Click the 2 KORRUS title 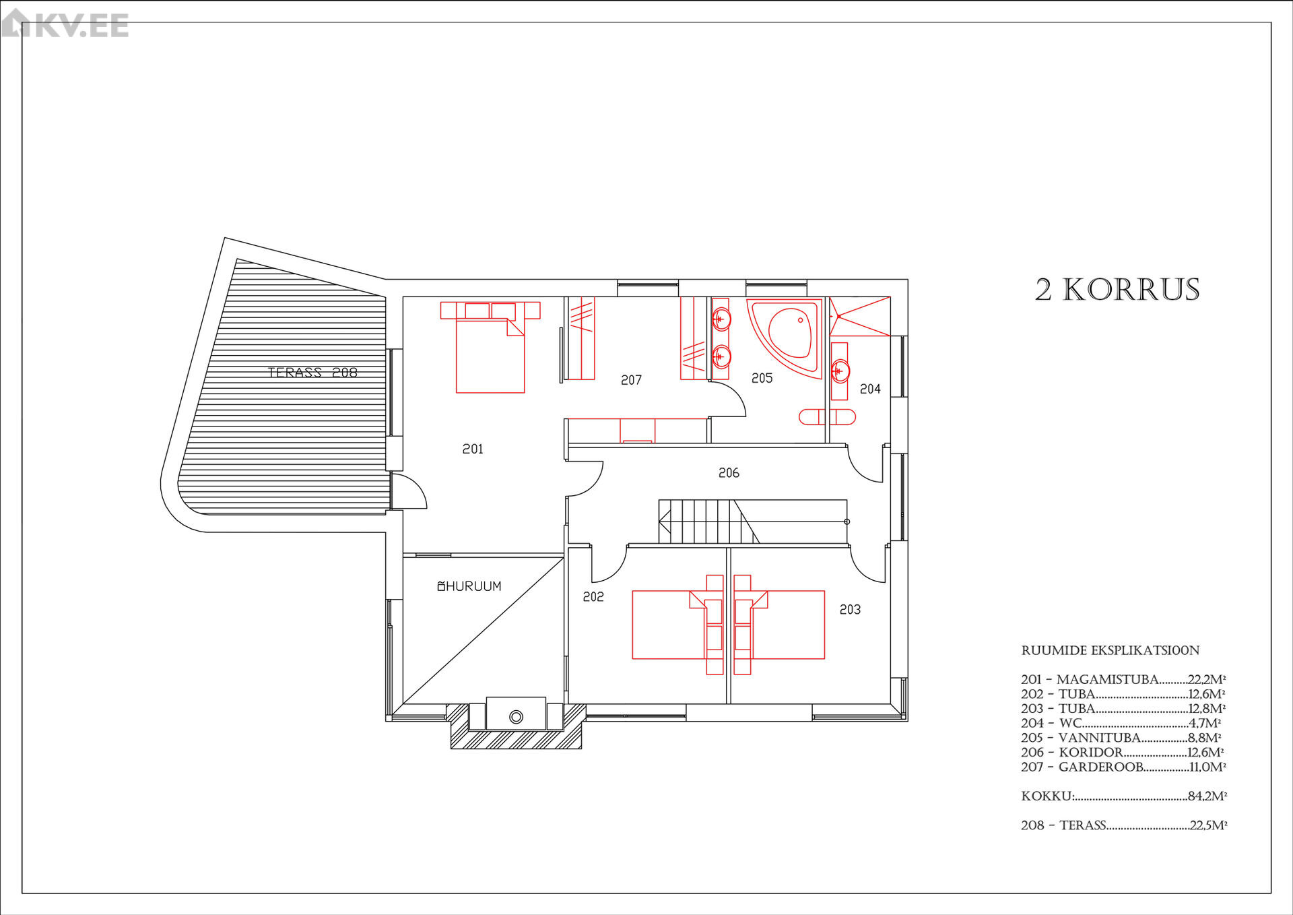tap(1117, 290)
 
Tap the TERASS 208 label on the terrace tap(312, 372)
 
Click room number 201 tap(473, 449)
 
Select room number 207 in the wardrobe tap(631, 380)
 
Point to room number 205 tap(762, 378)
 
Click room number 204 tap(870, 389)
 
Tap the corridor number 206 tap(729, 473)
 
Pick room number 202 tap(593, 596)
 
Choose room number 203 tap(850, 609)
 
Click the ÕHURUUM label tap(469, 586)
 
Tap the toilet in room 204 tap(828, 417)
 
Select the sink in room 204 tap(840, 371)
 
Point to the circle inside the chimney tap(516, 717)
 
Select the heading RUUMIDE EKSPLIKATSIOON tap(1110, 650)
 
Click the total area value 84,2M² tap(1207, 796)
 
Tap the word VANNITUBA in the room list tap(1100, 738)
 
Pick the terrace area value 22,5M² tap(1208, 825)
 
